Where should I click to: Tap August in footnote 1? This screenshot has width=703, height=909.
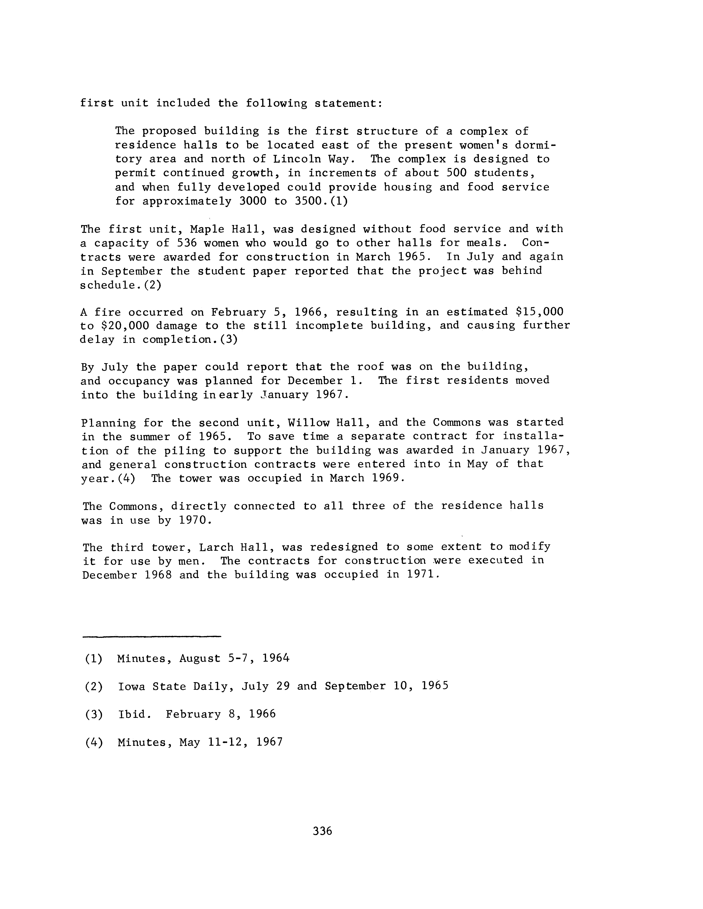200,658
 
